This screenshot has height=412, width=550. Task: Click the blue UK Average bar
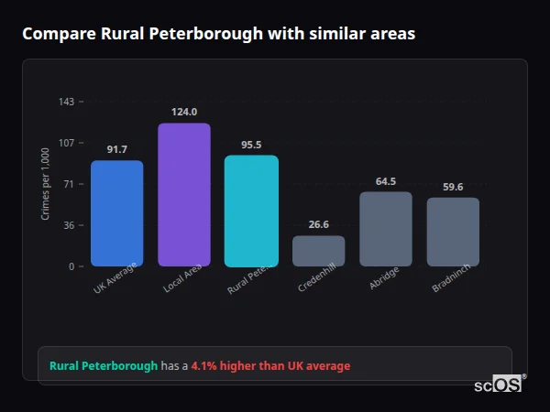tap(116, 213)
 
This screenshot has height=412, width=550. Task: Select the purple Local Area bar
tap(184, 194)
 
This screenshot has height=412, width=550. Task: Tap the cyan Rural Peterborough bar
tap(251, 211)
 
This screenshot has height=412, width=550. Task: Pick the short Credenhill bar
tap(319, 251)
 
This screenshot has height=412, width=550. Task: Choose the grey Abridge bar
tap(386, 229)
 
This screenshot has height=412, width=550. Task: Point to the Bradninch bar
tap(453, 232)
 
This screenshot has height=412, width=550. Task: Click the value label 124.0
tap(184, 112)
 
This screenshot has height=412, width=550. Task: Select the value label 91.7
tap(116, 149)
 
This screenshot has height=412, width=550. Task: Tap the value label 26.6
tap(319, 224)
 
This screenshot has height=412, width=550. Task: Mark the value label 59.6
tap(453, 187)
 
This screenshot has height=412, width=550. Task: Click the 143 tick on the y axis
tap(66, 102)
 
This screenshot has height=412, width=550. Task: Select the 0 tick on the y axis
tap(71, 266)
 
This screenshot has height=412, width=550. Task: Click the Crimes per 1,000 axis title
tap(45, 184)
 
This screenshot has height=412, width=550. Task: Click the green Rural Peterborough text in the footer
tap(104, 366)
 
